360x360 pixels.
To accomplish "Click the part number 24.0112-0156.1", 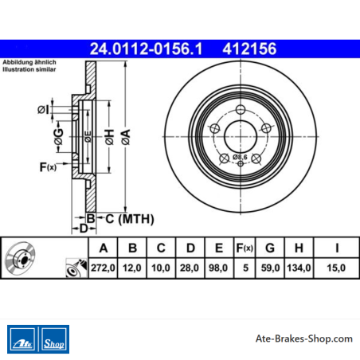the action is pyautogui.click(x=146, y=49).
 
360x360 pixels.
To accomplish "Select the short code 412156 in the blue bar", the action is pyautogui.click(x=249, y=49).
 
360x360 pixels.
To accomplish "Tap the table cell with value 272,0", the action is pyautogui.click(x=103, y=268).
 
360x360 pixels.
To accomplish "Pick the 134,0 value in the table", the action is pyautogui.click(x=299, y=268).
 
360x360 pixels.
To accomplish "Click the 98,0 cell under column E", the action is pyautogui.click(x=218, y=268).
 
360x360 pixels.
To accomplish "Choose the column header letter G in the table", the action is pyautogui.click(x=270, y=248).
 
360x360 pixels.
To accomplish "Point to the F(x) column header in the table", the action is pyautogui.click(x=245, y=248).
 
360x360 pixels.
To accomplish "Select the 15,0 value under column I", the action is pyautogui.click(x=336, y=268).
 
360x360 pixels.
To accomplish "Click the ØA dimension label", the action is pyautogui.click(x=126, y=137).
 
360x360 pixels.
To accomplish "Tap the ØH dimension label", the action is pyautogui.click(x=110, y=137).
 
